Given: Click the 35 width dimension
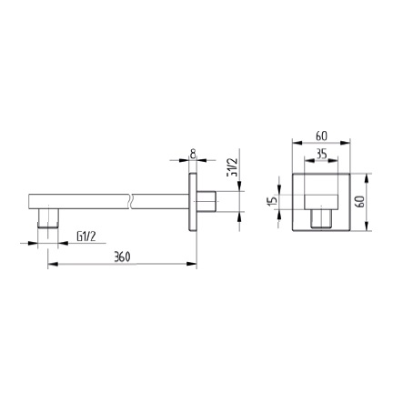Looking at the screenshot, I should [x=321, y=154].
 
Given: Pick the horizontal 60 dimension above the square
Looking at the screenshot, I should [x=322, y=135].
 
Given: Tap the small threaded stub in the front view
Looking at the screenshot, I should [x=321, y=219].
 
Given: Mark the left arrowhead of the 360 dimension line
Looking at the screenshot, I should [x=49, y=265].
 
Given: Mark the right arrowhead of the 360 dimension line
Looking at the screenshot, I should [x=195, y=265].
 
